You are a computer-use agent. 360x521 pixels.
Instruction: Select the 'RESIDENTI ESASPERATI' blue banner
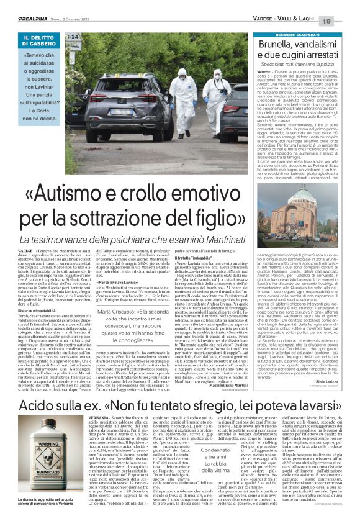(299, 37)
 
